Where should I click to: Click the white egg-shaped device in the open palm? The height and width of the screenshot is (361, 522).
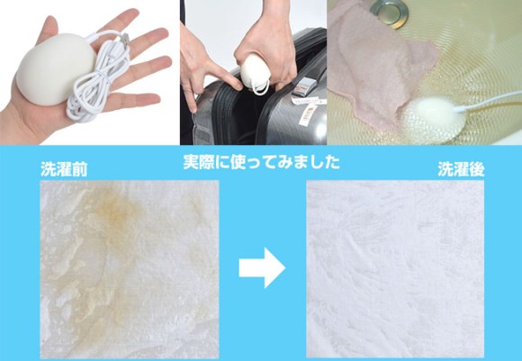click(56, 70)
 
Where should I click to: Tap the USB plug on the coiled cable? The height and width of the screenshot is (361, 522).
click(124, 41)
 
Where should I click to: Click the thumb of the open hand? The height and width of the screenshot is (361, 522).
click(47, 27)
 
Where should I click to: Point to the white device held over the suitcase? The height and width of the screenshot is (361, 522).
click(255, 70)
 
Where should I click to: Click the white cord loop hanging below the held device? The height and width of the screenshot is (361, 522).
click(260, 87)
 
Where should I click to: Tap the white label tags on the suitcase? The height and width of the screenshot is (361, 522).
click(308, 108)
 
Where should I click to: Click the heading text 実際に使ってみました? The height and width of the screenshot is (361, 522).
click(261, 162)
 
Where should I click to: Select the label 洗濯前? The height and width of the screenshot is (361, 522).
click(64, 169)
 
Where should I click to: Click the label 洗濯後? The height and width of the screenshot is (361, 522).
click(461, 169)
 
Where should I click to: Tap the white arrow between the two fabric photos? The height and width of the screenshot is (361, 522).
click(262, 267)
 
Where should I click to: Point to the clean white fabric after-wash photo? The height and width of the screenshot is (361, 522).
click(395, 269)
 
